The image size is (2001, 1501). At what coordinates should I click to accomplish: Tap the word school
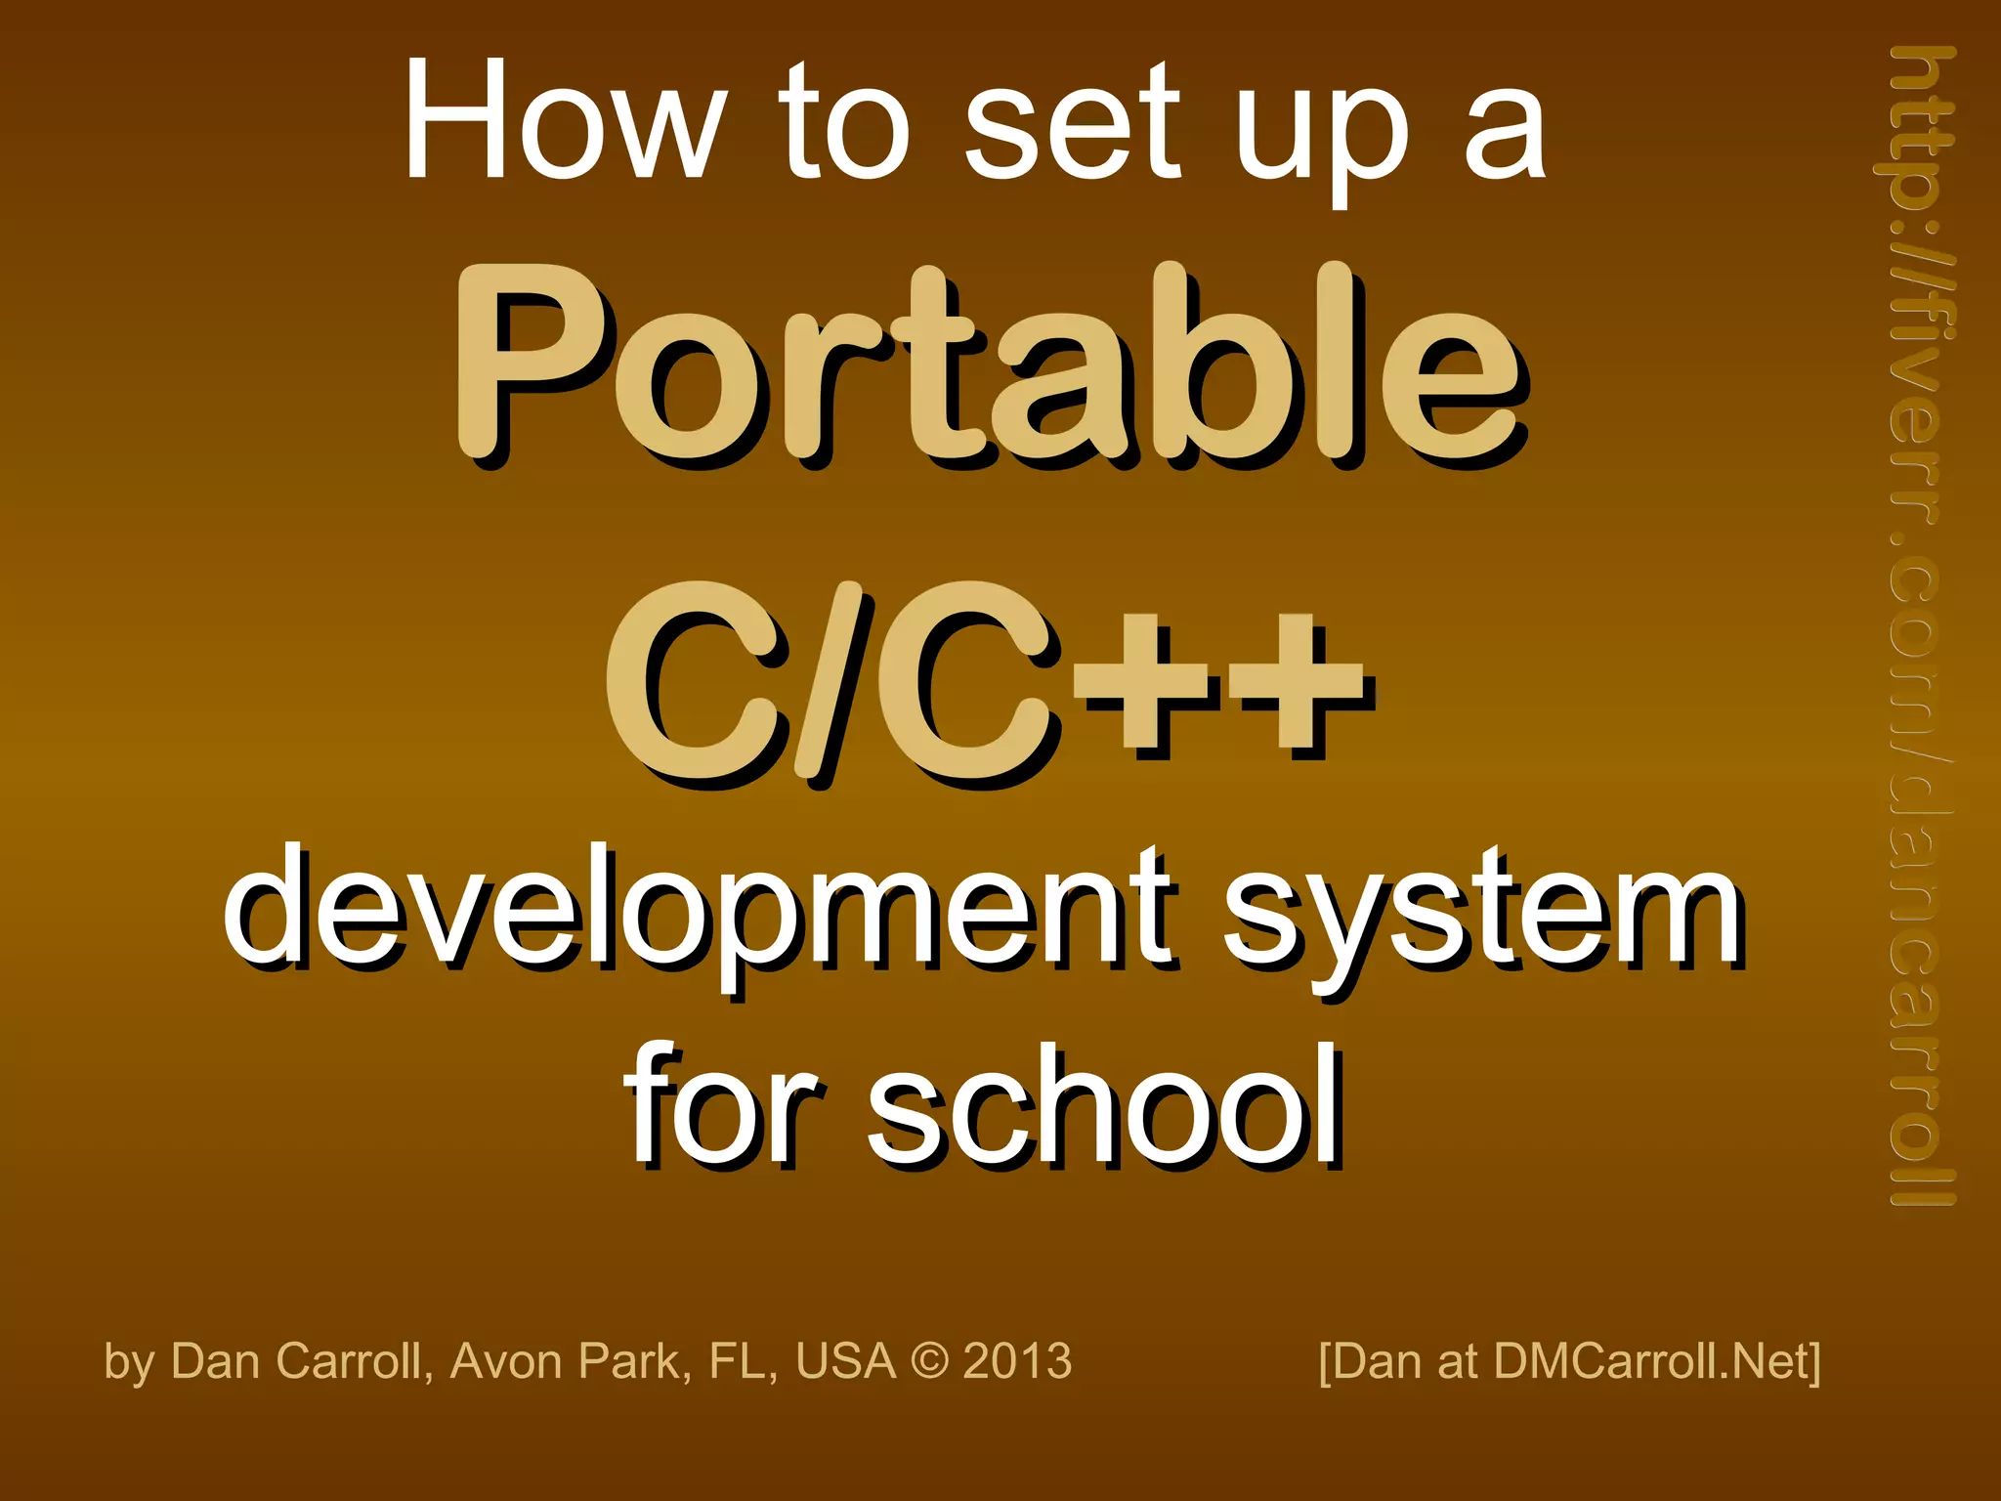tap(1104, 1109)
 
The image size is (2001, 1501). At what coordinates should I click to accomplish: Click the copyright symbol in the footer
tap(928, 1361)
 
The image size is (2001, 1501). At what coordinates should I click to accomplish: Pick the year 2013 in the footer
tap(1017, 1361)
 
